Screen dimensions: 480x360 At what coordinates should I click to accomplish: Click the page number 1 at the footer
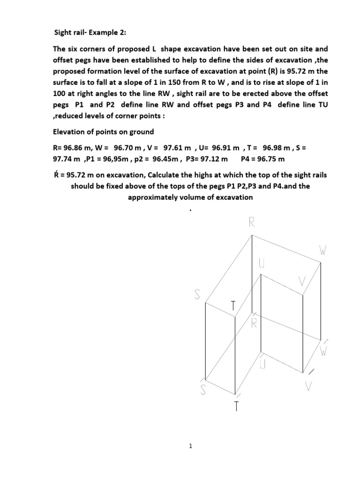[190, 447]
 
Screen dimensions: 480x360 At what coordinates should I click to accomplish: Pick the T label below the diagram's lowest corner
[237, 406]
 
